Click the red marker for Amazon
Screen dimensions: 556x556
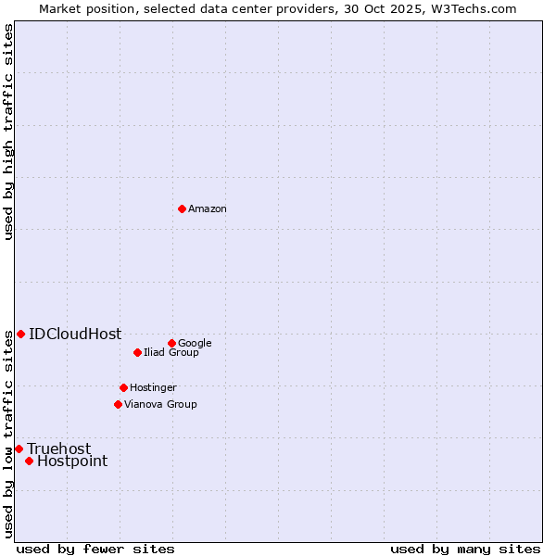click(x=182, y=208)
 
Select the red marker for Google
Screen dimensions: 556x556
click(x=171, y=343)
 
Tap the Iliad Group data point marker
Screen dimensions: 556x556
click(x=137, y=352)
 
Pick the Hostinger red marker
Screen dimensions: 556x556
click(x=123, y=387)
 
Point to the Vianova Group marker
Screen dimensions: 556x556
click(x=118, y=404)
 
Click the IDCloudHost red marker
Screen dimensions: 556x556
click(x=20, y=334)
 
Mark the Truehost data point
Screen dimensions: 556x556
click(x=19, y=449)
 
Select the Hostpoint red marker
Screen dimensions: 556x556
click(x=29, y=461)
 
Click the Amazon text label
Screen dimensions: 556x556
click(x=208, y=209)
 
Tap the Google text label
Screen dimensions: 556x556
click(x=195, y=343)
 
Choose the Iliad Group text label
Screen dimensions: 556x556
click(x=171, y=352)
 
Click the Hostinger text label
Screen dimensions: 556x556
click(x=153, y=387)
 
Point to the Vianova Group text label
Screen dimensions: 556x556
click(x=160, y=404)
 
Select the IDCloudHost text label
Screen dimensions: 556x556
click(x=75, y=335)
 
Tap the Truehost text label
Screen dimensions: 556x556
click(x=59, y=449)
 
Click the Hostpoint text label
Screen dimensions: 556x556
click(x=72, y=461)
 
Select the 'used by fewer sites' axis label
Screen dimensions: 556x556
click(x=95, y=549)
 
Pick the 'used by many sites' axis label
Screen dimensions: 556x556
click(x=465, y=549)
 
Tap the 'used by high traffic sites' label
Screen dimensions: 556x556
click(x=8, y=132)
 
